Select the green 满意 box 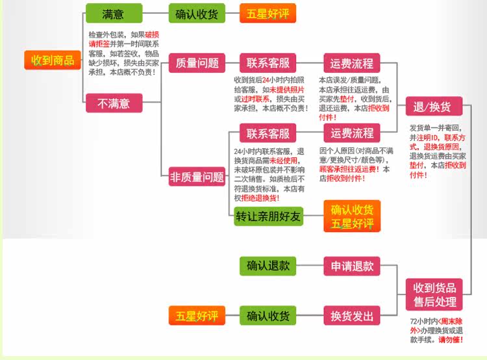click(x=113, y=14)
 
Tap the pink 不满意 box click(x=113, y=103)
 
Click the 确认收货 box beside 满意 click(x=196, y=14)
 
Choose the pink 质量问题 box click(x=197, y=64)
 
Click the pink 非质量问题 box click(x=197, y=177)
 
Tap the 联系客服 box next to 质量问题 click(x=268, y=64)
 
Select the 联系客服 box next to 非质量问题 click(x=268, y=133)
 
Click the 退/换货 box click(x=433, y=107)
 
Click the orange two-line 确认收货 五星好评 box click(x=352, y=216)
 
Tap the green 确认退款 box click(x=268, y=266)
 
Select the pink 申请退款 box click(x=352, y=266)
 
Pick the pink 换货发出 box click(x=352, y=316)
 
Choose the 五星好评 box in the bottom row click(x=196, y=316)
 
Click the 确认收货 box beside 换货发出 click(x=268, y=316)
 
